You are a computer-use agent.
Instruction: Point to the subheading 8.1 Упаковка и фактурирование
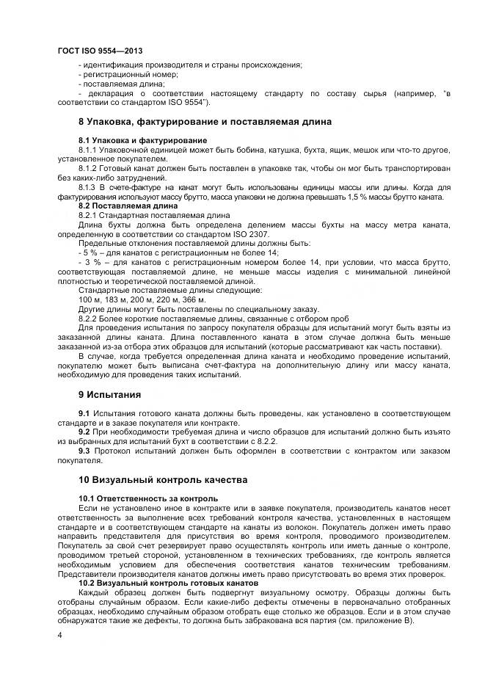(142, 140)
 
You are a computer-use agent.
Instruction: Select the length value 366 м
(194, 300)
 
